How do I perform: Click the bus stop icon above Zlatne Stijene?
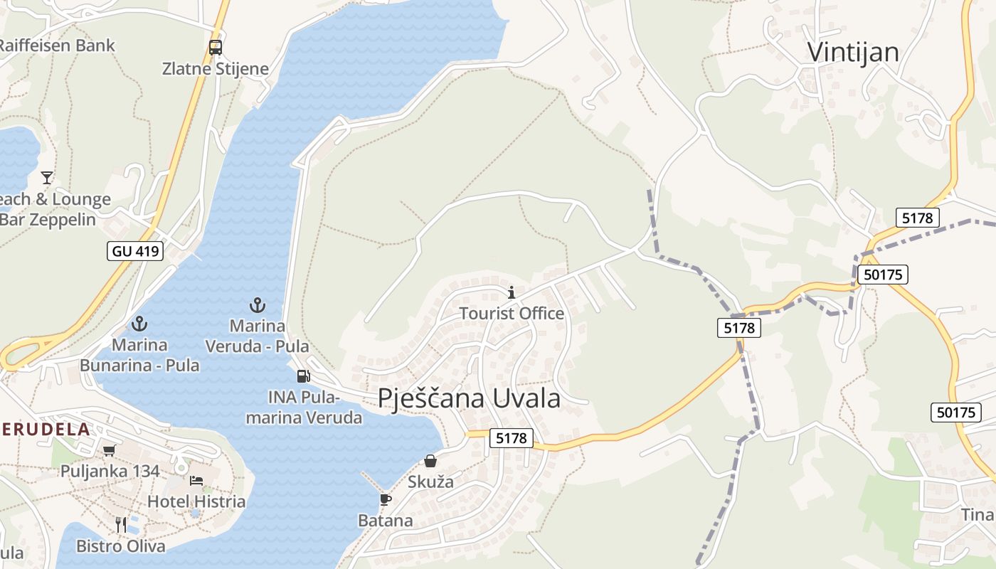coord(215,48)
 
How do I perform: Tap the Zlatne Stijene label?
coord(216,69)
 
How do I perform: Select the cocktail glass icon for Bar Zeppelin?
coord(47,177)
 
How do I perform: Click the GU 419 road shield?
coord(136,250)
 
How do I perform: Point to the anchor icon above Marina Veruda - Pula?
coord(257,305)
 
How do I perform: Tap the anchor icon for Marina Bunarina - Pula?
coord(139,324)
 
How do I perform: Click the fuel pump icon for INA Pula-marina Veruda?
coord(303,376)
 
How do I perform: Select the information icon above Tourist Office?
coord(511,292)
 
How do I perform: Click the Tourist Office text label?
coord(511,313)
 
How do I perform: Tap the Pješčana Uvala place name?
coord(469,398)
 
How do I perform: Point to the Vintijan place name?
coord(853,52)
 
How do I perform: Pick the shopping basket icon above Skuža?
coord(430,461)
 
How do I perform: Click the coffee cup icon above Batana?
coord(385,499)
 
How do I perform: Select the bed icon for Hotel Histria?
coord(196,481)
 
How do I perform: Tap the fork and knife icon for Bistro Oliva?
coord(121,525)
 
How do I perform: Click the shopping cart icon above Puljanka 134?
coord(109,450)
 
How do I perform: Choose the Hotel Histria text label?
coord(196,501)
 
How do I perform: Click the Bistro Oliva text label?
coord(121,546)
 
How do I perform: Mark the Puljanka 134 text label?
coord(110,471)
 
